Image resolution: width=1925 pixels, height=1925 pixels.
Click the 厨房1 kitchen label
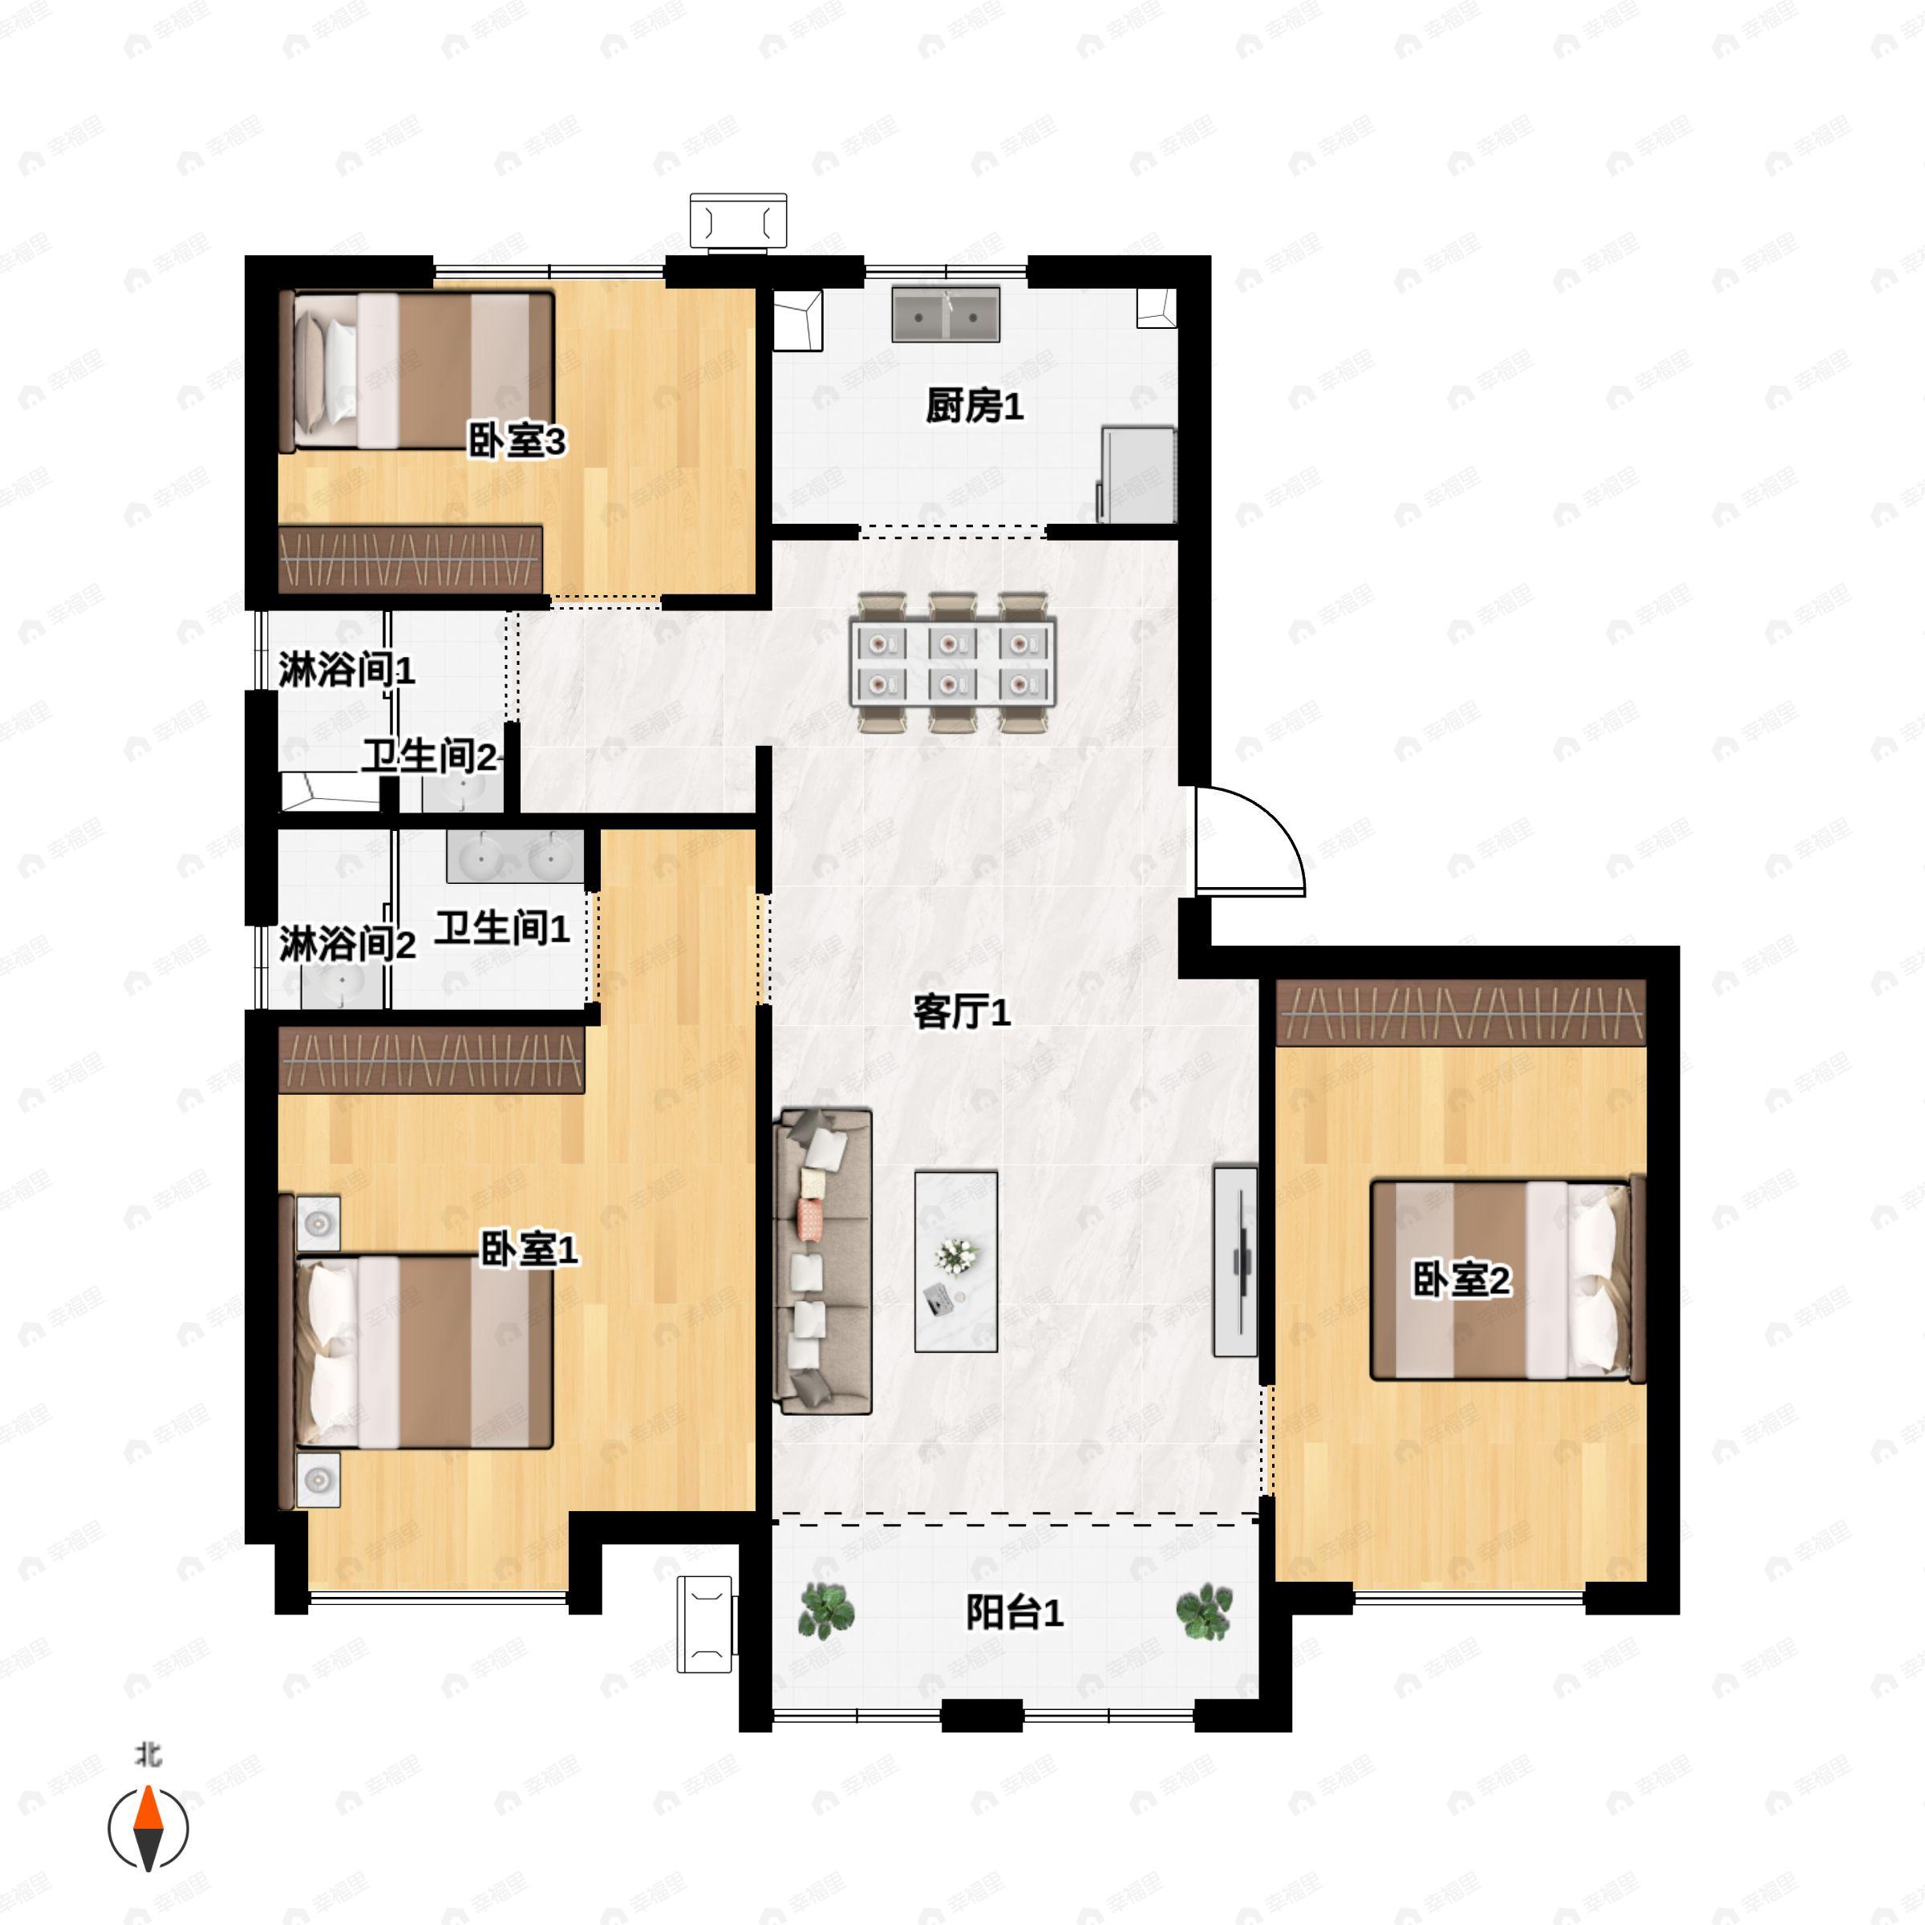click(x=974, y=407)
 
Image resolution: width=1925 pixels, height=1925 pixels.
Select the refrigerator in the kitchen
click(x=1137, y=473)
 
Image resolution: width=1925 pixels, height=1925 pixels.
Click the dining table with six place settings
click(x=953, y=663)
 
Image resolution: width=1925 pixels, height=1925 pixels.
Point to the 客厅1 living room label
click(x=962, y=1012)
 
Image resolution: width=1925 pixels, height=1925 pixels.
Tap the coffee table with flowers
click(x=955, y=1262)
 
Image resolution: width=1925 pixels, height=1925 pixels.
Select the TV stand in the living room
click(x=1234, y=1260)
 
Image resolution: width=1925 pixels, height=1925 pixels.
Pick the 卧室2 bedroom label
click(x=1461, y=1280)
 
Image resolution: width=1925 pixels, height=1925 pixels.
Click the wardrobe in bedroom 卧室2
click(x=1461, y=1012)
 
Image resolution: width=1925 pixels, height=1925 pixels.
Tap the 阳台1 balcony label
click(x=1015, y=1612)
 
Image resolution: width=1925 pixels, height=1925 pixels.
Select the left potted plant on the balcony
click(x=826, y=1611)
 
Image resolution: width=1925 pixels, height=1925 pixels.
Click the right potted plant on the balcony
click(x=1204, y=1611)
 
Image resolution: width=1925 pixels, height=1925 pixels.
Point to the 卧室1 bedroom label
click(x=529, y=1250)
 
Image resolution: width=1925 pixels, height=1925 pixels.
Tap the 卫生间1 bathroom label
click(x=501, y=929)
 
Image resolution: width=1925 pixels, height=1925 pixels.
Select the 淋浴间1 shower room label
click(x=346, y=670)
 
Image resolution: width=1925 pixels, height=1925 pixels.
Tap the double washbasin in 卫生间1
click(x=514, y=857)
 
